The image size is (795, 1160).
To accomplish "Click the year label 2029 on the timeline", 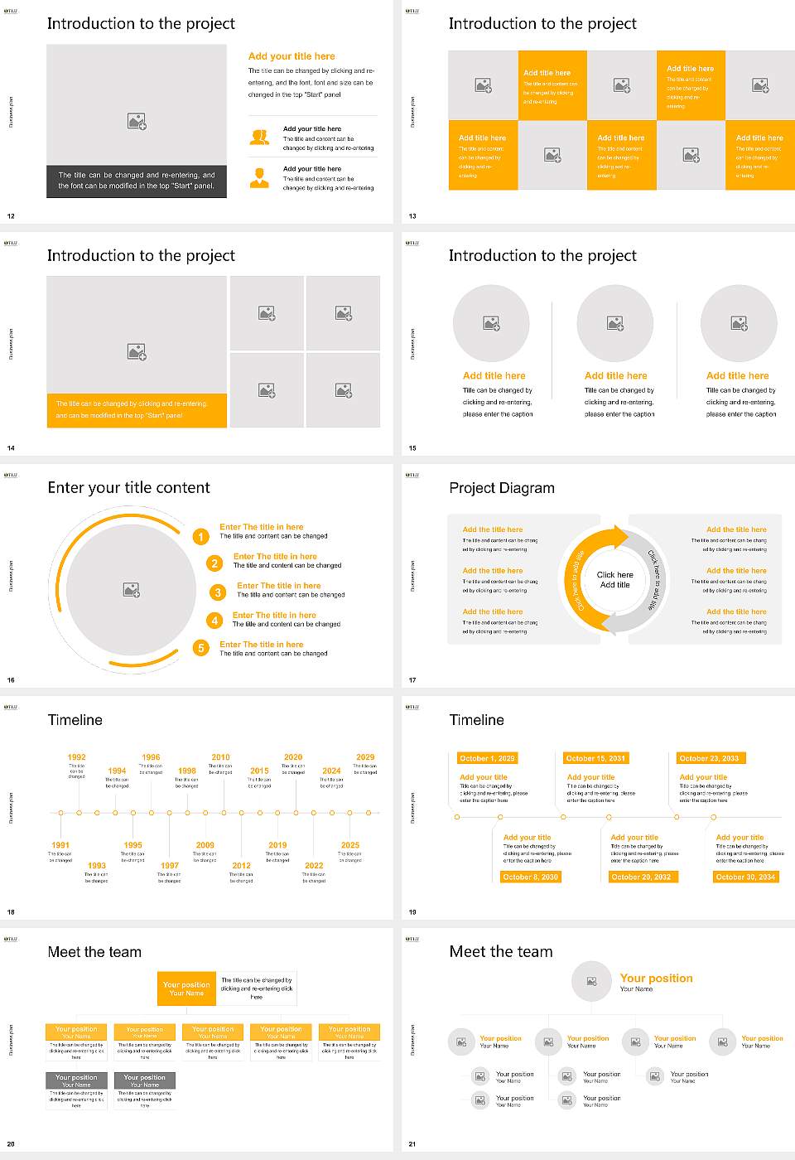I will pyautogui.click(x=365, y=757).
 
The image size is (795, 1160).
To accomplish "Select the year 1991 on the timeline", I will pyautogui.click(x=60, y=845).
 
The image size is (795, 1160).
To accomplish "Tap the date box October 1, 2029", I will pyautogui.click(x=487, y=758).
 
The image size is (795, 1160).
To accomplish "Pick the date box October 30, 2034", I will pyautogui.click(x=745, y=877).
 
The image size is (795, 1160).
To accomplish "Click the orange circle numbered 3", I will pyautogui.click(x=218, y=592).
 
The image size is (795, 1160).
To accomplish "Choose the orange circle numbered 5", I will pyautogui.click(x=200, y=648).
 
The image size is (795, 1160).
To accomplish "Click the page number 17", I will pyautogui.click(x=412, y=680).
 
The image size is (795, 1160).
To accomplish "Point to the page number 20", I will pyautogui.click(x=11, y=1144).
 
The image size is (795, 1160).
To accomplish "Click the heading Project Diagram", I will pyautogui.click(x=502, y=488).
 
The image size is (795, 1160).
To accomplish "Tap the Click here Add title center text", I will pyautogui.click(x=614, y=579).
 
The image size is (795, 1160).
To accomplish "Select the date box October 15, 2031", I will pyautogui.click(x=595, y=758).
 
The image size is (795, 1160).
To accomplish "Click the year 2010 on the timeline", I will pyautogui.click(x=220, y=757).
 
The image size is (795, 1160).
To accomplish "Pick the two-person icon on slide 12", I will pyautogui.click(x=259, y=138).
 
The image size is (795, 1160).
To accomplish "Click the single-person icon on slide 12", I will pyautogui.click(x=259, y=177).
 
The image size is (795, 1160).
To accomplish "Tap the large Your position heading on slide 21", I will pyautogui.click(x=656, y=979).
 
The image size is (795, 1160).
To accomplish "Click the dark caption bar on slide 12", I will pyautogui.click(x=137, y=181).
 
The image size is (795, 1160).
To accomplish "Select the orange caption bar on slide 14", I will pyautogui.click(x=137, y=410).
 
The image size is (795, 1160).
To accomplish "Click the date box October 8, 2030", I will pyautogui.click(x=530, y=877).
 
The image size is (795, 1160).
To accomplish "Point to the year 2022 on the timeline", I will pyautogui.click(x=314, y=865).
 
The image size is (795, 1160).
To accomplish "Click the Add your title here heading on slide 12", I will pyautogui.click(x=291, y=56).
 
